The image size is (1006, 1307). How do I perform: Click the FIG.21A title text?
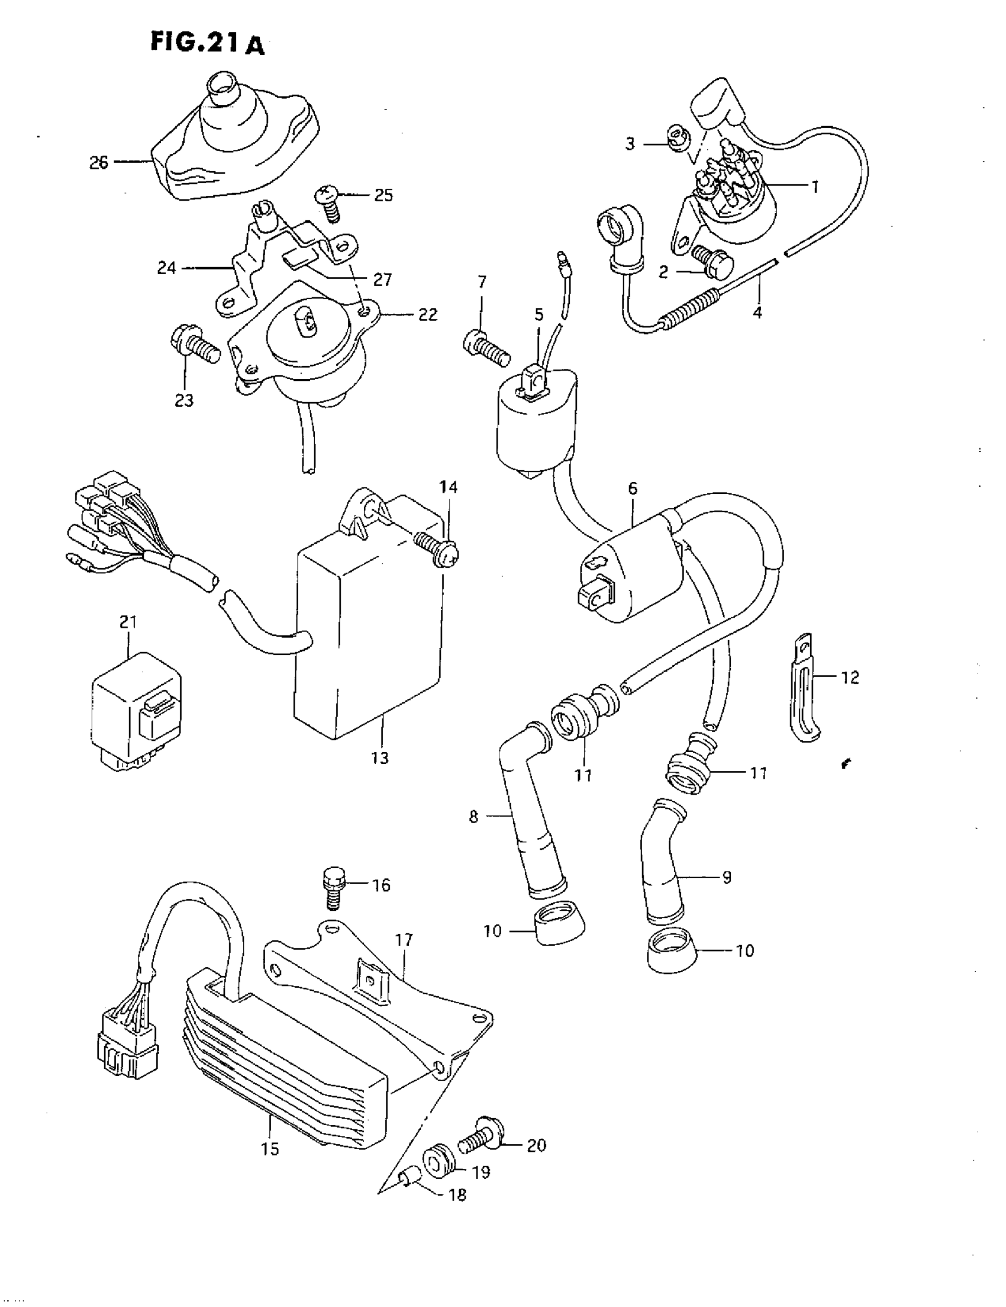click(x=207, y=43)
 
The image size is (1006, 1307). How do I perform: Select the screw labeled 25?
click(x=329, y=203)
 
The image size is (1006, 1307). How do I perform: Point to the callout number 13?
click(x=380, y=757)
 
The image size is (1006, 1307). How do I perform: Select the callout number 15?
click(x=270, y=1148)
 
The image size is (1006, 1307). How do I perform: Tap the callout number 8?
click(x=473, y=816)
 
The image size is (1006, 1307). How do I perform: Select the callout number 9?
click(x=727, y=877)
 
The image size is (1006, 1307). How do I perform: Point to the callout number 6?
click(x=633, y=489)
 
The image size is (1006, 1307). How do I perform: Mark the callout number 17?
click(x=404, y=940)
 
